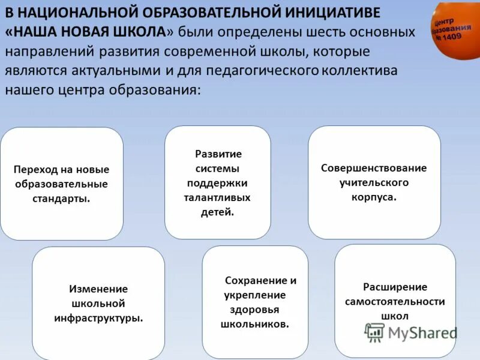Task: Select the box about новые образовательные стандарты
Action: [62, 183]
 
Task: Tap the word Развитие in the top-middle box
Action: [218, 154]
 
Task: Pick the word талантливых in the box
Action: [218, 197]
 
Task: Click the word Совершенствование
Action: [374, 168]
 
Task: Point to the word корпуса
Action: [374, 197]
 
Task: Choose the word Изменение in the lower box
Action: [98, 289]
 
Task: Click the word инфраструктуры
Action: [98, 318]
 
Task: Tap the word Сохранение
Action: [260, 281]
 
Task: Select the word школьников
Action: [255, 324]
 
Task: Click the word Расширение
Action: [395, 287]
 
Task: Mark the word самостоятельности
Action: [395, 302]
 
